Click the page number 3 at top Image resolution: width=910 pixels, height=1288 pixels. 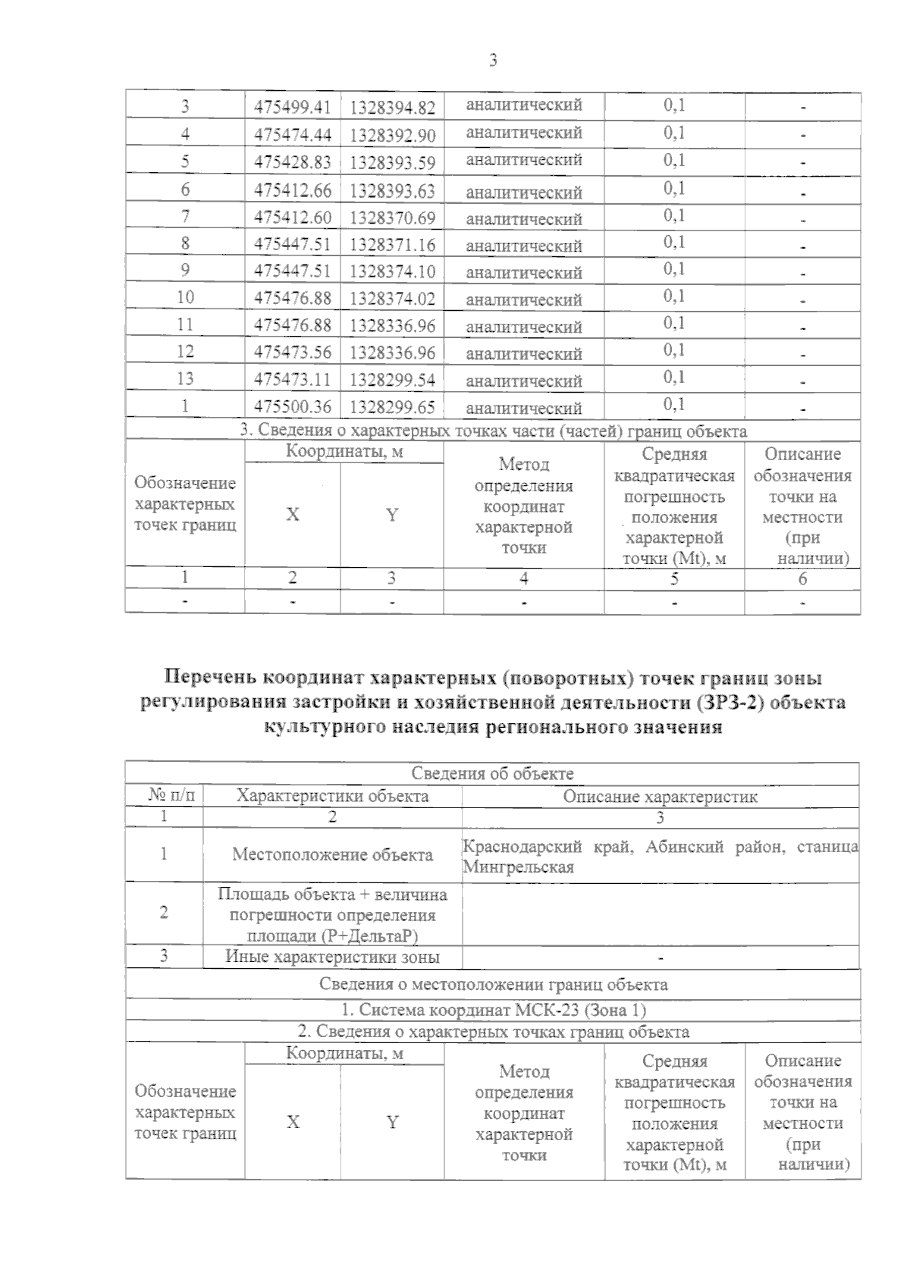point(494,61)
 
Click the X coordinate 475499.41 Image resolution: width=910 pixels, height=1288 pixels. point(293,108)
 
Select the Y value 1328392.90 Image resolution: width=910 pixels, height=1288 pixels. point(392,136)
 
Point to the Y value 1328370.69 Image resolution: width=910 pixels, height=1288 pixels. point(392,218)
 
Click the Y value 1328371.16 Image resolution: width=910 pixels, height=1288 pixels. point(392,245)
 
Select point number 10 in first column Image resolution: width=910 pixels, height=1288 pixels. point(185,297)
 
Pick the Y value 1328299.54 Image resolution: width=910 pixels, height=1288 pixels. point(392,379)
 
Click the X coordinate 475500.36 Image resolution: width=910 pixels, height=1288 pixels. point(293,406)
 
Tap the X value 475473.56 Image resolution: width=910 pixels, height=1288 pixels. point(293,352)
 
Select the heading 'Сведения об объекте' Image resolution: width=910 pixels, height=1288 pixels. point(492,774)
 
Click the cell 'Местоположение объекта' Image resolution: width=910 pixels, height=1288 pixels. point(332,855)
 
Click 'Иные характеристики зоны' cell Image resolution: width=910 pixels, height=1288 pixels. point(332,957)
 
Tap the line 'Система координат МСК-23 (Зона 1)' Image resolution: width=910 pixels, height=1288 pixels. point(493,1010)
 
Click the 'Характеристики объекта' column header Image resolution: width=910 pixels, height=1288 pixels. point(332,797)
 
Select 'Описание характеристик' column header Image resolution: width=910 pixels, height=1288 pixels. point(660,797)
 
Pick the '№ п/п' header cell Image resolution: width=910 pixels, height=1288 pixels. point(171,796)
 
